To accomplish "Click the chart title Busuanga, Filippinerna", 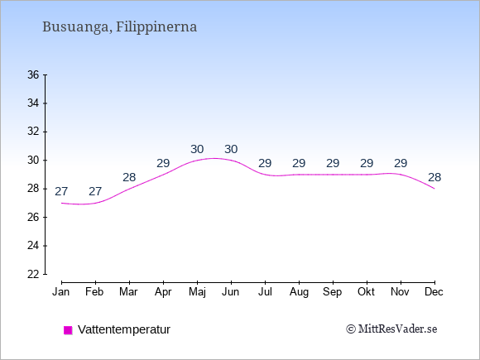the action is (119, 27).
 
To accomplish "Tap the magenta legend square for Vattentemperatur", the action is (68, 330).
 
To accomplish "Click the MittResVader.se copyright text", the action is (391, 329).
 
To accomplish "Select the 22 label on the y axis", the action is (33, 274).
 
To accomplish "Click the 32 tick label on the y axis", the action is (33, 132).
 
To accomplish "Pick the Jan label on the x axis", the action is (61, 292).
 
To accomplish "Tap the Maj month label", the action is (197, 292).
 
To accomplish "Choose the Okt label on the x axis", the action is (366, 292).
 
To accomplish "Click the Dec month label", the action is (434, 292).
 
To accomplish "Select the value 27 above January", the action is (61, 192).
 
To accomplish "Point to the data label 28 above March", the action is (129, 177).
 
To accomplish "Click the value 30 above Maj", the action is (197, 150).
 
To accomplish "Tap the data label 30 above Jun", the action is (231, 150).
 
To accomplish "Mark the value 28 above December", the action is (434, 177).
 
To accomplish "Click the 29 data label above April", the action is (163, 164).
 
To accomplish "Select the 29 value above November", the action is (401, 164).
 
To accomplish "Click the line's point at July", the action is (265, 175).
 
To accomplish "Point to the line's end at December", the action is (434, 189).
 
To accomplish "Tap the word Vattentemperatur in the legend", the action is (124, 329).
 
